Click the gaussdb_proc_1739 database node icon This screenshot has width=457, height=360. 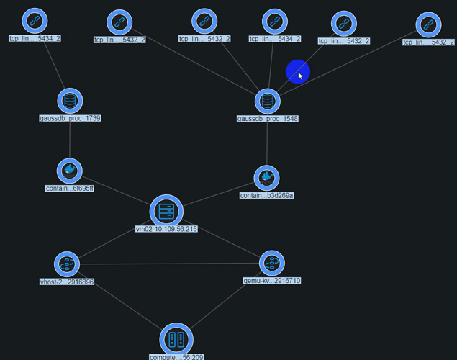[70, 101]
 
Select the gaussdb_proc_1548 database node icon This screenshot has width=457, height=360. [268, 102]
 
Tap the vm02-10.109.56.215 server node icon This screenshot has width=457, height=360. [166, 212]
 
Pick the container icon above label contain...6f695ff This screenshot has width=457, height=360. [70, 171]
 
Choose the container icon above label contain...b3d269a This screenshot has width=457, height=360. [266, 178]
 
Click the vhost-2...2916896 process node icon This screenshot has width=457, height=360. [67, 264]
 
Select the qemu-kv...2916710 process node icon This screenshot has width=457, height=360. [271, 264]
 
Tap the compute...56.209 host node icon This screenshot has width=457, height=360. [176, 339]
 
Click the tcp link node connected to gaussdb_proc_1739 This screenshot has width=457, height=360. [34, 22]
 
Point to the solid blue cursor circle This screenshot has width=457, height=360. [297, 72]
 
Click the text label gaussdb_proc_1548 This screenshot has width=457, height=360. [268, 119]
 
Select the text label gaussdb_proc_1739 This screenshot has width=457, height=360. [70, 118]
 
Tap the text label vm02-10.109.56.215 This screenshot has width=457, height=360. [166, 229]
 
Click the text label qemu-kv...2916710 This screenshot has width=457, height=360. [272, 281]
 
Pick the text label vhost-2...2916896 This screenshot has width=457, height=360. [67, 282]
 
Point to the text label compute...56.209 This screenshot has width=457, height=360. [176, 356]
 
